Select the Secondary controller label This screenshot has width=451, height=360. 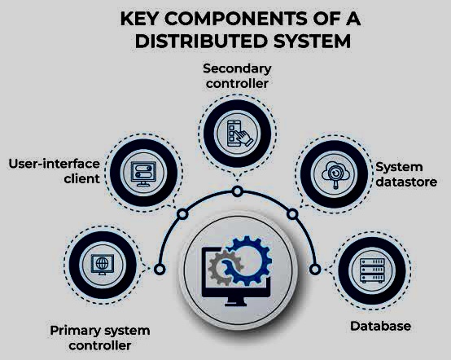coord(237,76)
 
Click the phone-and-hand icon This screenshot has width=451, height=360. coord(239,134)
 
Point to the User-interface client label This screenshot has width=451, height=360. coord(54,171)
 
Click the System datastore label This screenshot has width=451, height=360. coord(406,174)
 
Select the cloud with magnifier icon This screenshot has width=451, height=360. coord(335,174)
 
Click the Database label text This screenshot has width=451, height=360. coord(380,326)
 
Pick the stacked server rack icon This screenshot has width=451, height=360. coord(373,270)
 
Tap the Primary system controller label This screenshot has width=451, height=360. coord(100,338)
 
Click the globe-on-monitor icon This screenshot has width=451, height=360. coord(102,265)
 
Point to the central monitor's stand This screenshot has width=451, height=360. coord(235,301)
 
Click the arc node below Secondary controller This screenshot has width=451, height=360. coord(237,191)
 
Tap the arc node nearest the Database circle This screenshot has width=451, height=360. coord(315,270)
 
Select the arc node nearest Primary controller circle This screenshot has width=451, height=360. coord(160,270)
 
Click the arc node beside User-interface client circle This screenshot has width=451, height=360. coord(182,214)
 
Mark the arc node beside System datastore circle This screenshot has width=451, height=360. coord(292,214)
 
